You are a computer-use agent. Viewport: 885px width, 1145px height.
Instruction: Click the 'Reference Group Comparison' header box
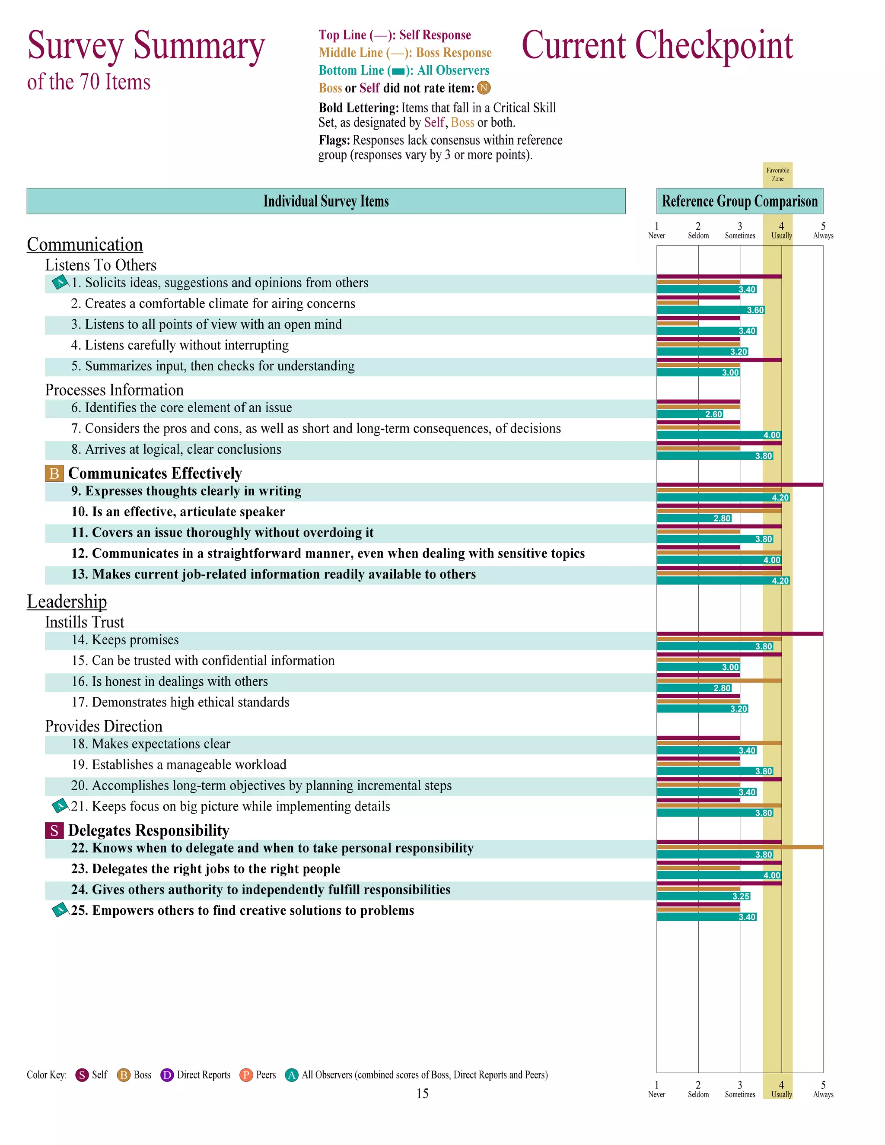[739, 201]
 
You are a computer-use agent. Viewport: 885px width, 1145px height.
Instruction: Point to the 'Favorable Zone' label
[777, 175]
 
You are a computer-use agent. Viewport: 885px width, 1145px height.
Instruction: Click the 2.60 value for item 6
[713, 415]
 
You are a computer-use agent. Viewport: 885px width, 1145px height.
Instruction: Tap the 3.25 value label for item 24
[741, 897]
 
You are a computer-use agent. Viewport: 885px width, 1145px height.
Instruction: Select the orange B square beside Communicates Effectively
[54, 474]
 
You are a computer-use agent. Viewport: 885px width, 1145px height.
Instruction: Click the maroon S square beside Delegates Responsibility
[54, 830]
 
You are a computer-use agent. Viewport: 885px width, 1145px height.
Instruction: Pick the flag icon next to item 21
[60, 806]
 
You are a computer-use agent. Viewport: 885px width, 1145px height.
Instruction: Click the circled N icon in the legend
[484, 88]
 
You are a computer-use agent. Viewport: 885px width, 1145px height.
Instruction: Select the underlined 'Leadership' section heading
[67, 601]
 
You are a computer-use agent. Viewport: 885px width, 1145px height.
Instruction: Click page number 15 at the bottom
[423, 1093]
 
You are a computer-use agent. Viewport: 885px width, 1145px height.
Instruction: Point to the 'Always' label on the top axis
[823, 236]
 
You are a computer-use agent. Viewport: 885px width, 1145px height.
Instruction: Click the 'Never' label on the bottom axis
[656, 1095]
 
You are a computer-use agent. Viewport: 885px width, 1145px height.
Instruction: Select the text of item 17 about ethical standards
[180, 703]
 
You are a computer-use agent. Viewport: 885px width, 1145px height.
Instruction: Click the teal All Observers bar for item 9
[713, 497]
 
